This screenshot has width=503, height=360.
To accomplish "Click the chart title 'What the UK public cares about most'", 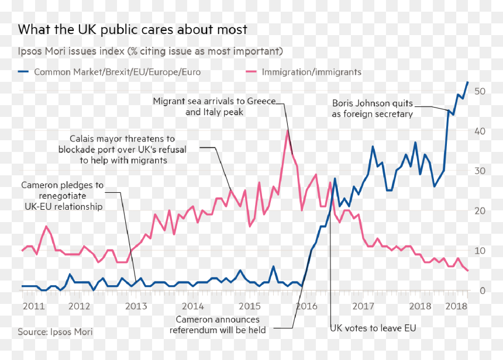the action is click(133, 29).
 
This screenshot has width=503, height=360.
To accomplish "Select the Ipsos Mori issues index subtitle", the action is click(150, 51).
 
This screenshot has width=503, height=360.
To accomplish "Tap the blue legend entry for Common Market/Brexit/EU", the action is click(109, 72).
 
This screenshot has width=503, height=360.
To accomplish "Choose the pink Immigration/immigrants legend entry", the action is click(304, 72).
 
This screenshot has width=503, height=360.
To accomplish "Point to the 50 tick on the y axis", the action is click(480, 91).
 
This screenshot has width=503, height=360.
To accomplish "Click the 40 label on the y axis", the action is click(480, 131).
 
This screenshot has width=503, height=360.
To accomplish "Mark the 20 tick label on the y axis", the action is click(480, 211).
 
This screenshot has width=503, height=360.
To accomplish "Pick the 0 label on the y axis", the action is click(483, 291).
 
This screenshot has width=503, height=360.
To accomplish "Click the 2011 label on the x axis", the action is click(34, 306).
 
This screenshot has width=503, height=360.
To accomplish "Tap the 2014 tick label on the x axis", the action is click(193, 306).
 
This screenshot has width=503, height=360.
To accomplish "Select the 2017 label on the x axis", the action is click(363, 306).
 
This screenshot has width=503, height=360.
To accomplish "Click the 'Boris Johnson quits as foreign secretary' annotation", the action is click(373, 109).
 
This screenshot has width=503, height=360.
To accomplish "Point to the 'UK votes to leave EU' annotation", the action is click(373, 328).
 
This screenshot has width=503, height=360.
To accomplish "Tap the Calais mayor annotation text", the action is click(122, 150).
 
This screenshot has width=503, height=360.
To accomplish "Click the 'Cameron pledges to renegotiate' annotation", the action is click(63, 196).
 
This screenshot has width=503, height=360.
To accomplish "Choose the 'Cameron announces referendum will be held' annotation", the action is click(218, 325).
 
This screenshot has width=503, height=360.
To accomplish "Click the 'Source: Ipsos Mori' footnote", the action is click(55, 332).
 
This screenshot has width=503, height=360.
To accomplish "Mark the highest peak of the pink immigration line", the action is click(288, 131).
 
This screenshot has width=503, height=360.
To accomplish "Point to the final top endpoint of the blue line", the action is click(468, 82).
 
